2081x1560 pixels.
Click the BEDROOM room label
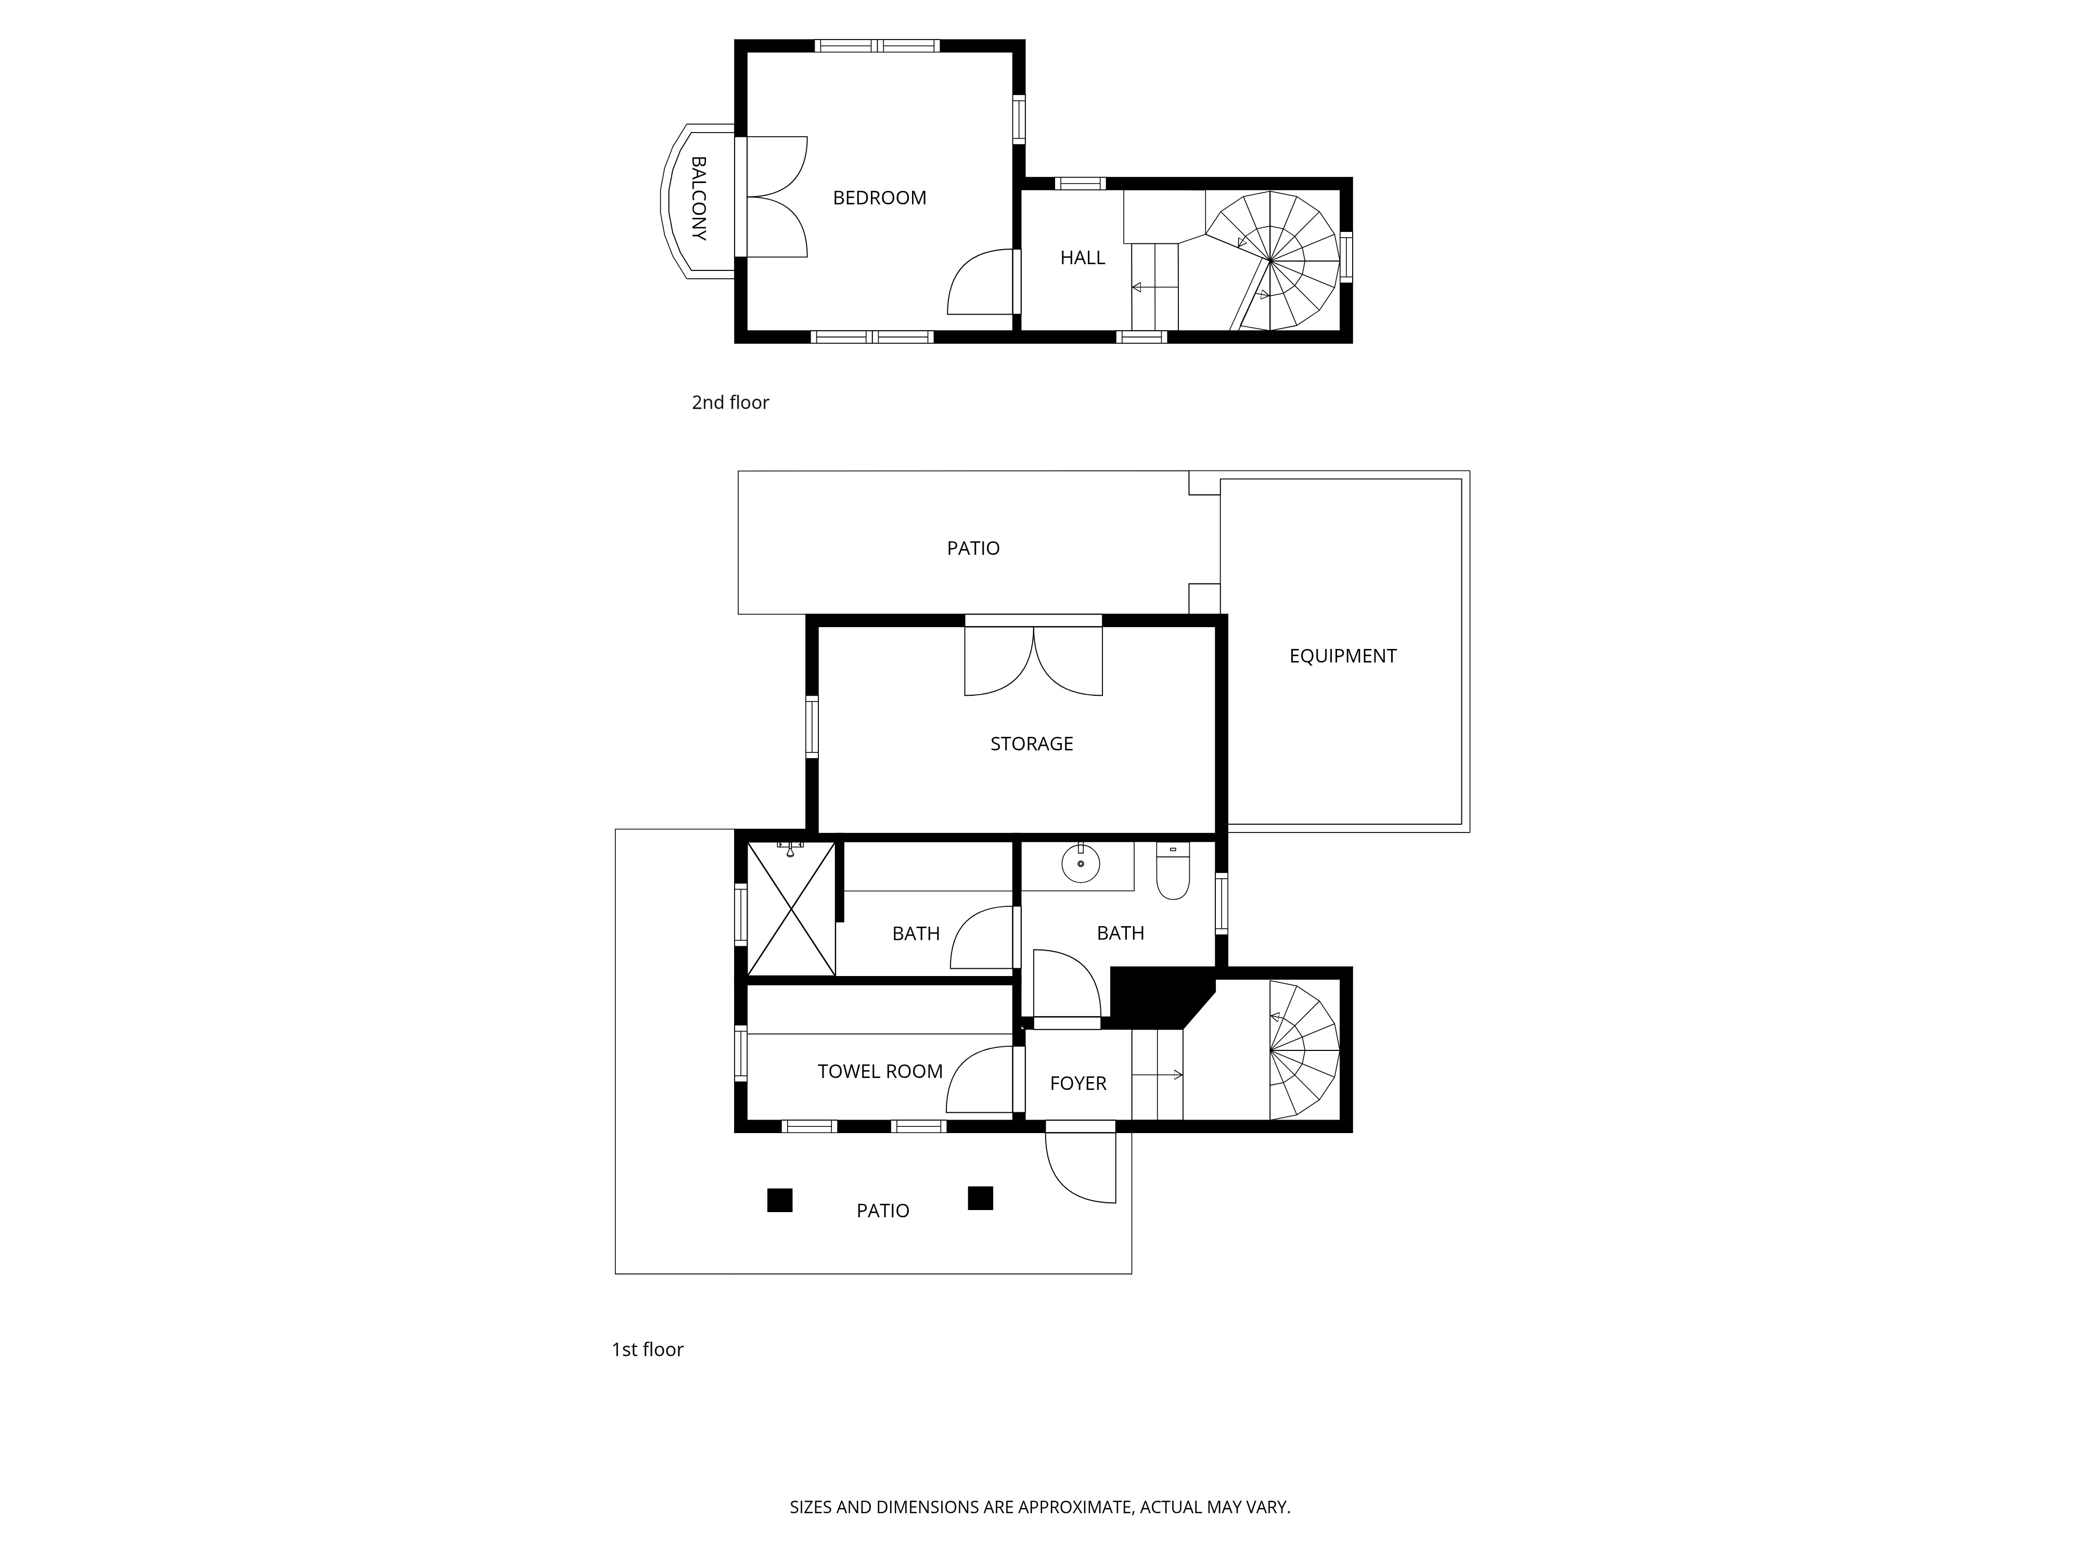coord(880,198)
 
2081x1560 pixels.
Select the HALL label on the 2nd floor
coord(1082,257)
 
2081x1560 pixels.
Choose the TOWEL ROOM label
coord(880,1071)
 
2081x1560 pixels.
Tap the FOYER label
coord(1078,1083)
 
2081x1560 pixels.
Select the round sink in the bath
coord(1081,863)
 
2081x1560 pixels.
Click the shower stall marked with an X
coord(791,908)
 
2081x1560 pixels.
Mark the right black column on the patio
coord(980,1198)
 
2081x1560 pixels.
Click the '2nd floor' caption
coord(730,402)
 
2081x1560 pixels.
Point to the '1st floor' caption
coord(647,1349)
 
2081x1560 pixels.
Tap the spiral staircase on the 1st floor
coord(1304,1050)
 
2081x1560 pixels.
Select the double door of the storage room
coord(1033,661)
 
